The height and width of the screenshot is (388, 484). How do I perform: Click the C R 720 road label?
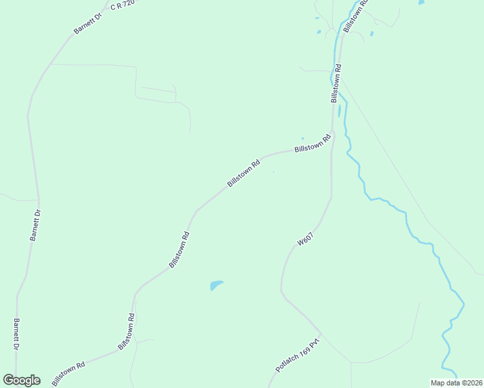122,6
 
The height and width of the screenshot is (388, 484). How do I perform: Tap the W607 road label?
305,239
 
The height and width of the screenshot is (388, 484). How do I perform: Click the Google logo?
21,380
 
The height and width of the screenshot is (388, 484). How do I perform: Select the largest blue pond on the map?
215,285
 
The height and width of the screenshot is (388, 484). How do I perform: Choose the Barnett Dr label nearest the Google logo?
16,334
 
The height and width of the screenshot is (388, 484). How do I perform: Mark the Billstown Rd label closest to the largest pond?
179,250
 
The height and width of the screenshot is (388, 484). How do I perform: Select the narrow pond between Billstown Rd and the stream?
339,111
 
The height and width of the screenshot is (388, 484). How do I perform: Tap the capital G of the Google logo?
8,380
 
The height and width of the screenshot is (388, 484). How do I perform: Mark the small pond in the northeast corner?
421,3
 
